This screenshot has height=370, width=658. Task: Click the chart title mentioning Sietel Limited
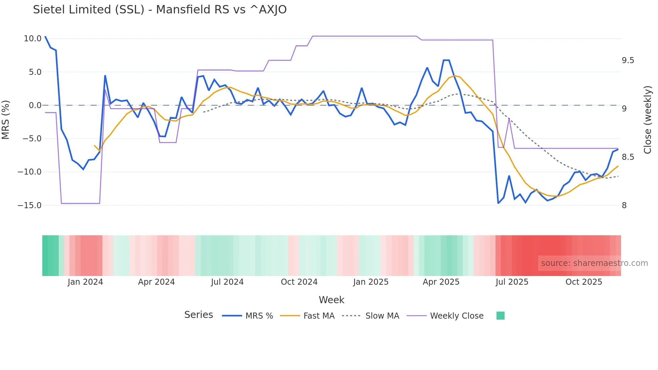pos(160,10)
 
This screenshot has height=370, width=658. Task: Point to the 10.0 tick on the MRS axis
pos(33,39)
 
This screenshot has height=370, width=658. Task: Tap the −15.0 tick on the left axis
pos(30,205)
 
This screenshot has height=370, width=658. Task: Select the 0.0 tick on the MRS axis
pos(35,105)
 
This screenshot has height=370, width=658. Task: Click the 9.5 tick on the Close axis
pos(628,60)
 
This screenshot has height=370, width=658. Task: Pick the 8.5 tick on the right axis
pos(628,157)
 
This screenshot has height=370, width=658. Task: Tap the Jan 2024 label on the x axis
pos(85,282)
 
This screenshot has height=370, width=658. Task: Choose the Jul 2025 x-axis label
pos(512,282)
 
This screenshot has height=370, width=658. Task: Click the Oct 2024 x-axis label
pos(299,282)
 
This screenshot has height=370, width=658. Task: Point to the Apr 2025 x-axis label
pos(441,282)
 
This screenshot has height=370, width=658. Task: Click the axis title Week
pos(331,300)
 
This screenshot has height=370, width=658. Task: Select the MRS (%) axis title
pos(6,120)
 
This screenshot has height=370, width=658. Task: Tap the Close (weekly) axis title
pos(648,120)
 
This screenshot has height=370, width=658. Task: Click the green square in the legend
pos(500,316)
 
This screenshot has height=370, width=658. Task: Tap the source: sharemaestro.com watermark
pos(594,263)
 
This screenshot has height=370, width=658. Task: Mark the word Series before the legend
pos(198,315)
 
